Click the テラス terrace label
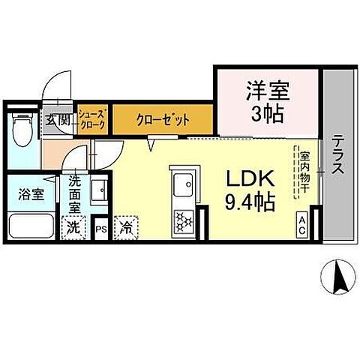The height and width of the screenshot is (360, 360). click(x=338, y=154)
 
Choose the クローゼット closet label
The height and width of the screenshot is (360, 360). click(x=163, y=119)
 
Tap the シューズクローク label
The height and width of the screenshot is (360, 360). click(x=94, y=119)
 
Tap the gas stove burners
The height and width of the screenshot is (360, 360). click(x=183, y=220)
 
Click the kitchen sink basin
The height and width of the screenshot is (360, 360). click(x=182, y=183)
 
